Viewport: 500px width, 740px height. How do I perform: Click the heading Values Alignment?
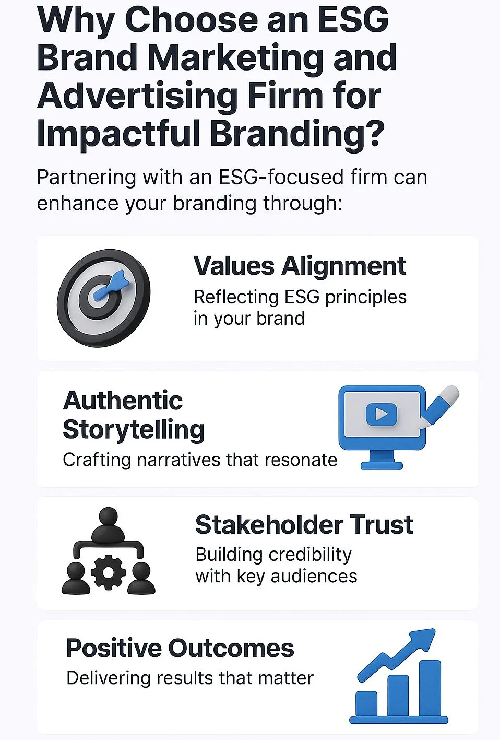point(300,266)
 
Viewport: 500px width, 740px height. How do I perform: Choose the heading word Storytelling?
point(134,430)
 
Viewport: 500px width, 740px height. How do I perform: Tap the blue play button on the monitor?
point(382,414)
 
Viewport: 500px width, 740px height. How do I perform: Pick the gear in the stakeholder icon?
point(108,573)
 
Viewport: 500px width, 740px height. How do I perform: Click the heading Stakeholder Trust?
point(304,525)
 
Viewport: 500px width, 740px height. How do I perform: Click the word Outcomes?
point(231,648)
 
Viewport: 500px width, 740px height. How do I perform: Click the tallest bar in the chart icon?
point(430,688)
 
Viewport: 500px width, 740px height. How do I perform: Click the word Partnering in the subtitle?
point(87,178)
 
